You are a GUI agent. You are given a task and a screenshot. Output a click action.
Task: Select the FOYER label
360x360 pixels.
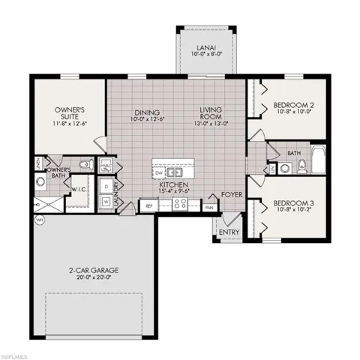230,194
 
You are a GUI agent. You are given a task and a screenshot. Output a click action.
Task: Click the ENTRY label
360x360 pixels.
229,232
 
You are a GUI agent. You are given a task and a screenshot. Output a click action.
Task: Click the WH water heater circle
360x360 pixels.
39,220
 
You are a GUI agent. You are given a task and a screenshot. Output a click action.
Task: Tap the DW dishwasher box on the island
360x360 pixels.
159,171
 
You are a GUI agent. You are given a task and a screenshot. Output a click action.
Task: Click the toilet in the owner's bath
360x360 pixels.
85,163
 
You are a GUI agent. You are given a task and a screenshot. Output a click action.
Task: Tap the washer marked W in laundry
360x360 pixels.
106,200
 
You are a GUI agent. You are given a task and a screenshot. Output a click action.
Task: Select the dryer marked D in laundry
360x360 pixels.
106,184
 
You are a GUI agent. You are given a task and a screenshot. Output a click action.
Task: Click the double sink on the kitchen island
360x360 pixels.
175,171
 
